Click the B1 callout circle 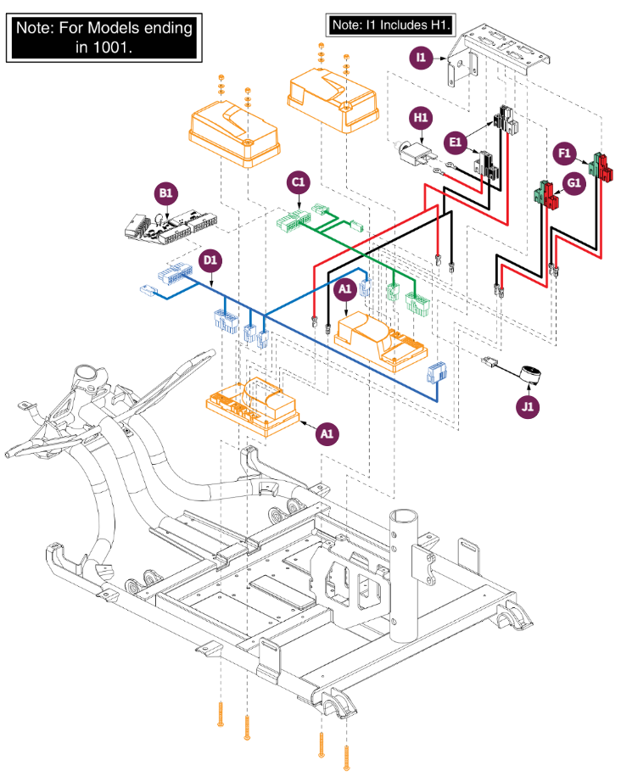pyautogui.click(x=166, y=193)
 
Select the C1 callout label pyautogui.click(x=299, y=182)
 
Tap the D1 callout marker pyautogui.click(x=210, y=260)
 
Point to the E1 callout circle pyautogui.click(x=456, y=142)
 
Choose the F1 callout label pyautogui.click(x=564, y=154)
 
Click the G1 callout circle pyautogui.click(x=574, y=183)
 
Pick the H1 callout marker pyautogui.click(x=421, y=118)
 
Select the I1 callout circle pyautogui.click(x=421, y=58)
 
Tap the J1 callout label pyautogui.click(x=527, y=407)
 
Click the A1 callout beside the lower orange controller pyautogui.click(x=327, y=434)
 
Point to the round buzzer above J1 pyautogui.click(x=530, y=374)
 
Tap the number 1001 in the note pyautogui.click(x=112, y=47)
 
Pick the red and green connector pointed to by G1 pyautogui.click(x=546, y=194)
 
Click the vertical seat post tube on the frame pyautogui.click(x=405, y=575)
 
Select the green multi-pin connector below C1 pyautogui.click(x=294, y=220)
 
